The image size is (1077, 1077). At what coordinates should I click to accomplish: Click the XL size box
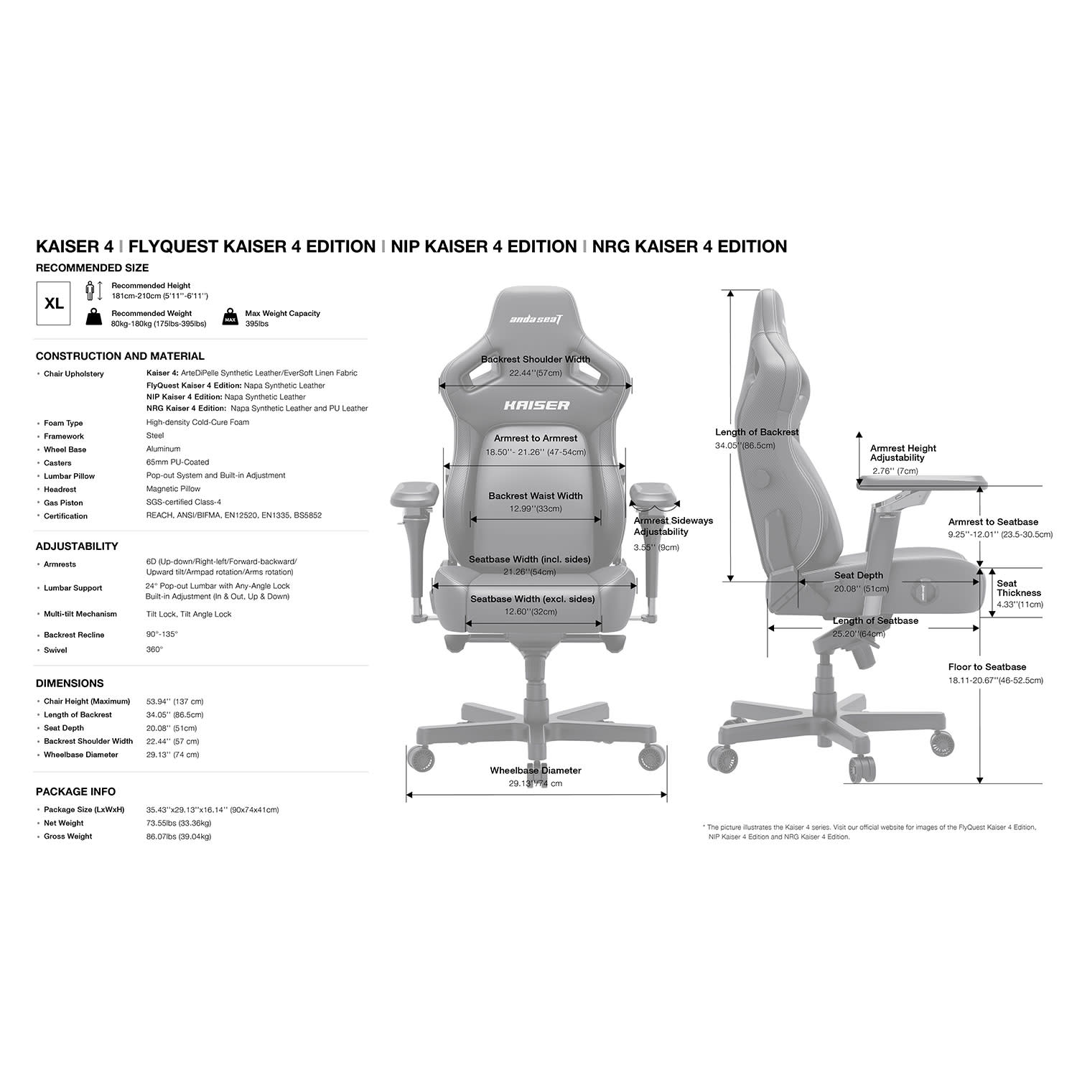tap(54, 304)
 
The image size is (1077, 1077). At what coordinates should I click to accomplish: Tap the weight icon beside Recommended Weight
tap(93, 317)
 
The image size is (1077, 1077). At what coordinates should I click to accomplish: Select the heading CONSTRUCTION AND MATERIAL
tap(120, 356)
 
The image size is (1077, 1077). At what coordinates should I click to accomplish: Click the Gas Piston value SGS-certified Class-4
tap(183, 503)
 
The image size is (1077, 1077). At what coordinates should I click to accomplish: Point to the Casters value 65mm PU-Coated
tap(177, 462)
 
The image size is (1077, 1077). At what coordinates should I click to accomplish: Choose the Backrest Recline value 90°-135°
tap(162, 635)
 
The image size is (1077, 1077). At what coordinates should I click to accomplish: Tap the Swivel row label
tap(55, 651)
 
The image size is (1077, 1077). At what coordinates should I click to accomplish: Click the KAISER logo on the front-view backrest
tap(536, 406)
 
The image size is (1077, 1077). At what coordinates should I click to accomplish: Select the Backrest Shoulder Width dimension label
tap(536, 360)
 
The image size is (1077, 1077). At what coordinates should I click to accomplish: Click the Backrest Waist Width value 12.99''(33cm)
tap(536, 509)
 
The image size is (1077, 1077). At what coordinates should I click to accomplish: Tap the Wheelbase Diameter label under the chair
tap(536, 770)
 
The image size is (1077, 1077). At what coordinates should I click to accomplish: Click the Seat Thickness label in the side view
tap(1019, 589)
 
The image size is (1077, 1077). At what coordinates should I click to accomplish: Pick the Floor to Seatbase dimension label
tap(987, 667)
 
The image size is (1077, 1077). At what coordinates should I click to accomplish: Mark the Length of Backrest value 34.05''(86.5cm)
tap(745, 446)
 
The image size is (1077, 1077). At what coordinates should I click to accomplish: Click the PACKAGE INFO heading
tap(75, 792)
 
